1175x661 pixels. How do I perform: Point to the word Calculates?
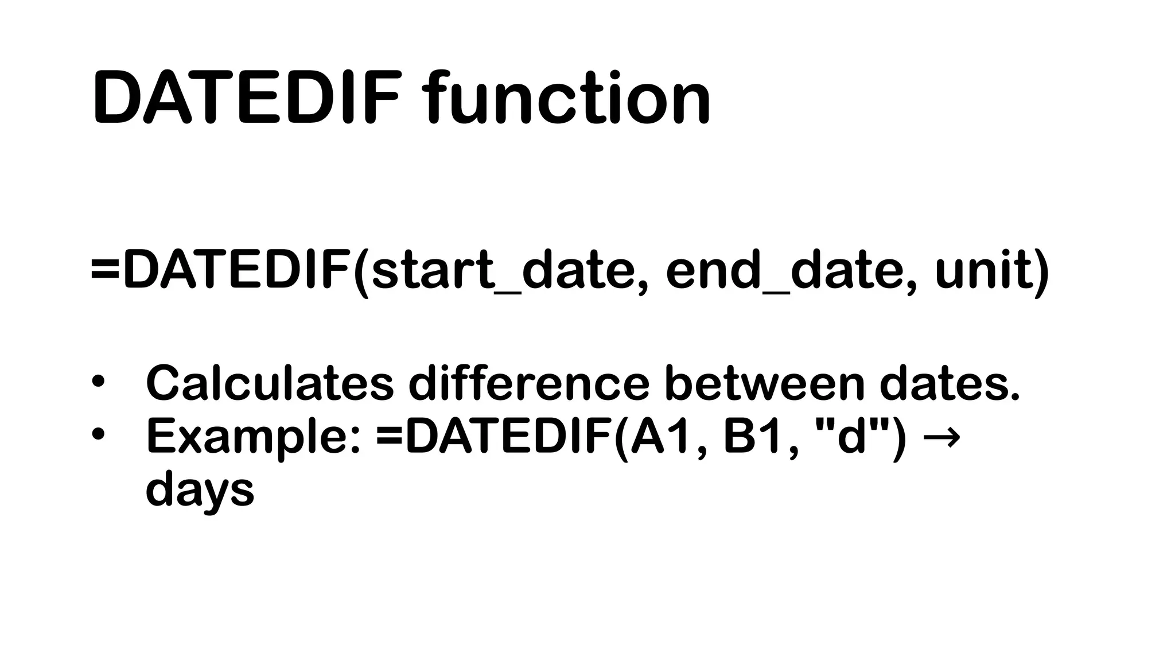pyautogui.click(x=270, y=383)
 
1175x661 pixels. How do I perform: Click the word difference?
pyautogui.click(x=528, y=383)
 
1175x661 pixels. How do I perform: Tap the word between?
pyautogui.click(x=764, y=383)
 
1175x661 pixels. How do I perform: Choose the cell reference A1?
pyautogui.click(x=666, y=437)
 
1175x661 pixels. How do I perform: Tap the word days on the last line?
pyautogui.click(x=200, y=491)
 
